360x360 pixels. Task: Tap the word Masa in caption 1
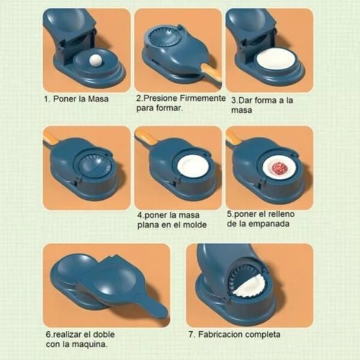tap(98, 99)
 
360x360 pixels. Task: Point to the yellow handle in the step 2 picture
tap(211, 73)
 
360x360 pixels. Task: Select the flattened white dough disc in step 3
tap(273, 58)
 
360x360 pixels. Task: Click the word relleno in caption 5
tap(281, 214)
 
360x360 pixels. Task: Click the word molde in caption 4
tap(194, 225)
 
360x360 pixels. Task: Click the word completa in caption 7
tap(262, 335)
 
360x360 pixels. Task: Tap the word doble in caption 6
tap(103, 334)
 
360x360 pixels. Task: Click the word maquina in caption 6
tap(89, 344)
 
